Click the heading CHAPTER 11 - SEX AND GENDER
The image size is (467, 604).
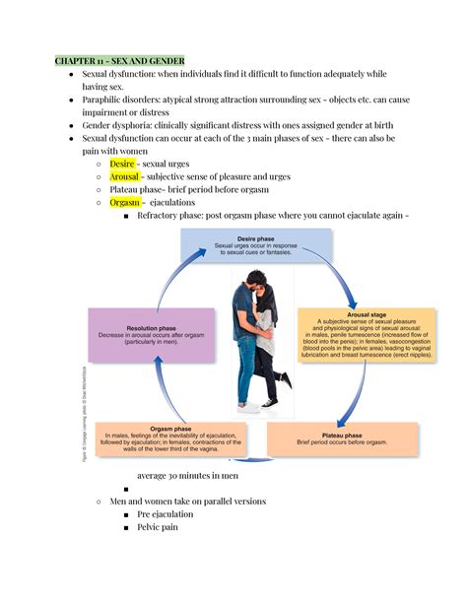click(x=119, y=60)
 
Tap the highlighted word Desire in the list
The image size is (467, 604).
click(x=122, y=164)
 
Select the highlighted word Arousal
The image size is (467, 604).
click(x=126, y=176)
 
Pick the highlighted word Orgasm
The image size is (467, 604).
click(x=124, y=202)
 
